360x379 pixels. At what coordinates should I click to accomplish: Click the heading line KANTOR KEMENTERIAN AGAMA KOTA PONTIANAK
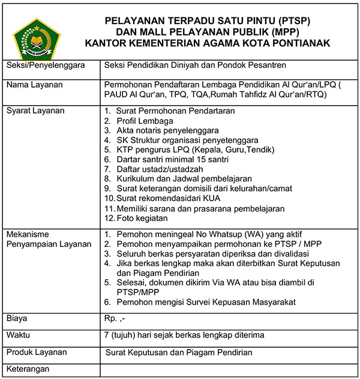(208, 44)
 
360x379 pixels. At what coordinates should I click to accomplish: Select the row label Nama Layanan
(34, 85)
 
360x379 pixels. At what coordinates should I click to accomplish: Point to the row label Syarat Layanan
(35, 111)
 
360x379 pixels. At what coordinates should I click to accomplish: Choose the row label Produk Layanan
(37, 352)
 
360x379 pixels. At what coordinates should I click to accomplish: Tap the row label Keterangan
(28, 368)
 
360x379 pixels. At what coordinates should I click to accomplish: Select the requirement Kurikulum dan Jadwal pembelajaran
(184, 178)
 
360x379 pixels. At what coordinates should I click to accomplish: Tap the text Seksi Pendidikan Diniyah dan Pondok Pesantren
(196, 65)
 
